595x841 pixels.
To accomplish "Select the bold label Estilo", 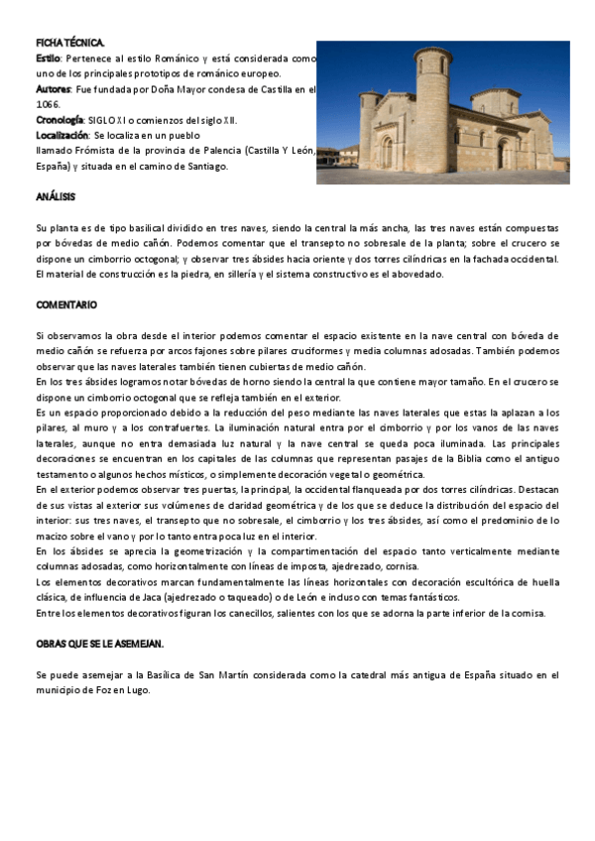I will click(x=48, y=59).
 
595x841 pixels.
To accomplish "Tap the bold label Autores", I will click(x=53, y=89).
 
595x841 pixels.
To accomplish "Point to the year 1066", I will click(x=47, y=104).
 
